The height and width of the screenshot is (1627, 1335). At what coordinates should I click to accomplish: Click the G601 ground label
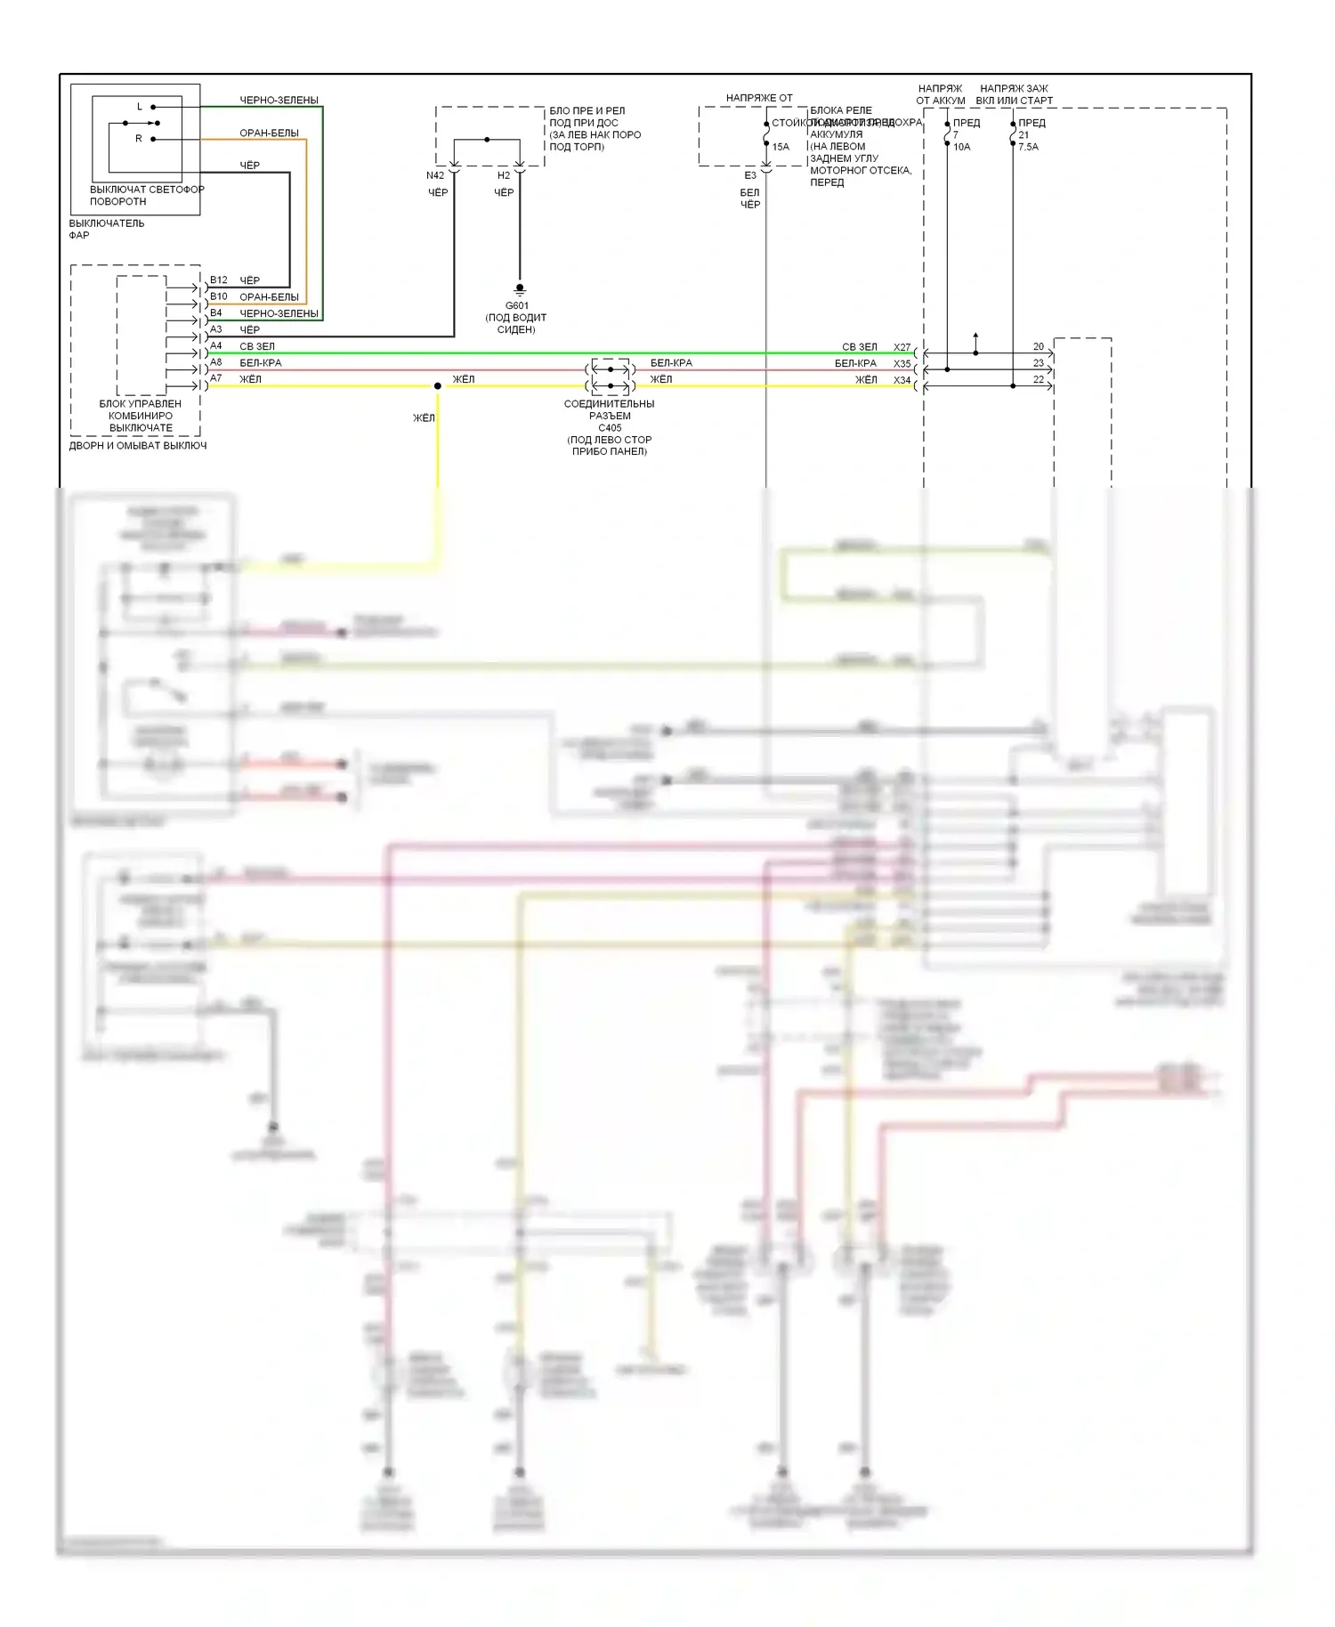tap(516, 305)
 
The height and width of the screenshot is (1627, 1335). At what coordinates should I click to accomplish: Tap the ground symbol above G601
tap(520, 289)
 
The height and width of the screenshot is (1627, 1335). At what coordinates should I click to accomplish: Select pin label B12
tap(219, 280)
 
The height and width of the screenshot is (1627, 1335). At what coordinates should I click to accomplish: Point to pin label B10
tap(219, 296)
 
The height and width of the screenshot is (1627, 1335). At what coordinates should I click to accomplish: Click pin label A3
tap(216, 329)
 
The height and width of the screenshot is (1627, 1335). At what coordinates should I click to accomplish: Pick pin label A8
tap(216, 362)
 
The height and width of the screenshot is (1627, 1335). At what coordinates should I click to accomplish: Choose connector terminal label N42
tap(435, 175)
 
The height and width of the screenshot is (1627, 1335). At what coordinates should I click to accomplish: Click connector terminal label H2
tap(504, 175)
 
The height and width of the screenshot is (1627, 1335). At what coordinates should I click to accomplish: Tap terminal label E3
tap(750, 175)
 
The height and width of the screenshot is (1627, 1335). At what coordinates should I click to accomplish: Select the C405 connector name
tap(610, 427)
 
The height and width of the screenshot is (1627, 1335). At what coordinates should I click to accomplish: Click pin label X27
tap(902, 347)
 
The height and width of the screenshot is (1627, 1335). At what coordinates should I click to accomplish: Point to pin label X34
tap(902, 380)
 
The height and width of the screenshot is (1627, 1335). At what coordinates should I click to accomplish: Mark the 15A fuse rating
tap(781, 147)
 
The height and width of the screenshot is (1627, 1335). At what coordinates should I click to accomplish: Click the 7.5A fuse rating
tap(1028, 147)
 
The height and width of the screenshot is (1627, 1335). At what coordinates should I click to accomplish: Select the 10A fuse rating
tap(962, 147)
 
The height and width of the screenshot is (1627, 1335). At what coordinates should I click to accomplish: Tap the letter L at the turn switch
tap(140, 107)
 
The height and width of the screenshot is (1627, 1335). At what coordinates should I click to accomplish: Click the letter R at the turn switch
tap(139, 139)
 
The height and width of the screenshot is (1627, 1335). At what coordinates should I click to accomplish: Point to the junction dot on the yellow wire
tap(437, 386)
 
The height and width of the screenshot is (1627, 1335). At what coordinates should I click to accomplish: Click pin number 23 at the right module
tap(1039, 363)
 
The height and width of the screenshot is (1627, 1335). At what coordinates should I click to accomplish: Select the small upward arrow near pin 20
tap(976, 336)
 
